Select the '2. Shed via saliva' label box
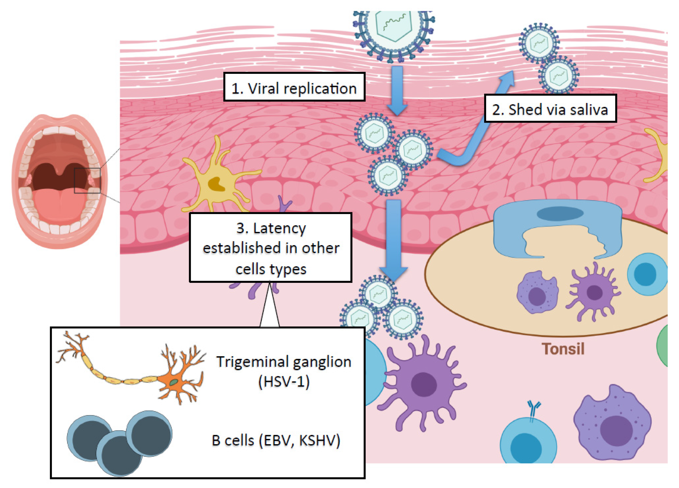pos(550,108)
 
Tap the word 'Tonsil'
pos(563,349)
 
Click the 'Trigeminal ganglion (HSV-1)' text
pos(284,371)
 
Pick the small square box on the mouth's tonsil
pos(87,181)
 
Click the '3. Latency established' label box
pos(271,247)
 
